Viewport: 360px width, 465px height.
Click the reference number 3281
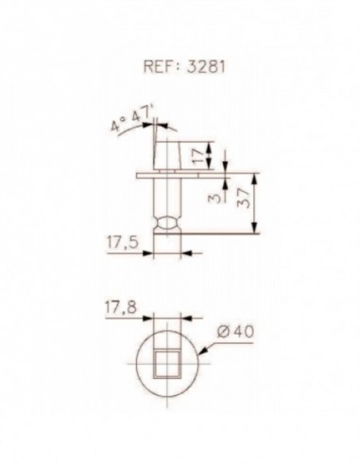tap(207, 66)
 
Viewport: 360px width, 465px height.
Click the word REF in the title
tap(159, 66)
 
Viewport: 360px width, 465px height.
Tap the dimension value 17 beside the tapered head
tap(197, 156)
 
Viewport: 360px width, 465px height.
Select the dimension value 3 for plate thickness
tap(214, 198)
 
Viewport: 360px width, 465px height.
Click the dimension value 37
tap(245, 198)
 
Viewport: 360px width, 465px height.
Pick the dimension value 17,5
tap(123, 242)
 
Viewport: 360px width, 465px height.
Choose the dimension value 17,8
tap(121, 307)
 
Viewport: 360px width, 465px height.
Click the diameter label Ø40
tap(235, 332)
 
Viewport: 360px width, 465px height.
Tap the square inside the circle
tap(167, 364)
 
